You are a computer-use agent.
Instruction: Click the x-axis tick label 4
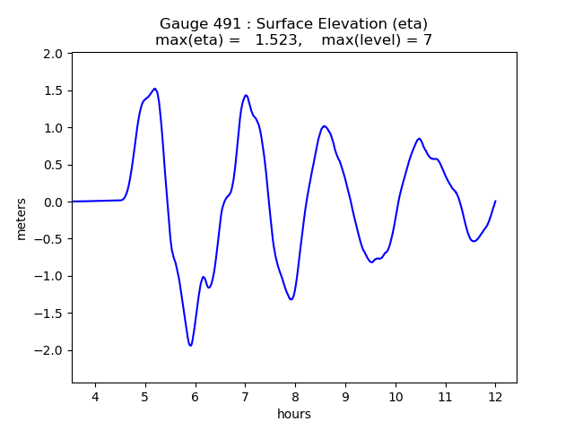click(95, 397)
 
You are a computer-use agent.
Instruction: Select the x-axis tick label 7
click(245, 397)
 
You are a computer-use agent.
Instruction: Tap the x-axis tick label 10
click(396, 397)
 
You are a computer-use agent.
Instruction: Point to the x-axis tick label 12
click(495, 397)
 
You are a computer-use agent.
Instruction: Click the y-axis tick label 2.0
click(53, 54)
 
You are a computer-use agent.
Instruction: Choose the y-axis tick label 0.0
click(53, 202)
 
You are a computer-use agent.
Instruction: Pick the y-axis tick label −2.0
click(48, 350)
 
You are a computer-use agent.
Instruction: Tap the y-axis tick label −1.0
click(48, 276)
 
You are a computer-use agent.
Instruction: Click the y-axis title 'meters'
click(21, 218)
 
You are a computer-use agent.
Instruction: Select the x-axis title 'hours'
click(294, 414)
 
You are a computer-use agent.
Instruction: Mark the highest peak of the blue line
click(155, 89)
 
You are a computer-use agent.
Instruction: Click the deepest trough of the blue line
click(190, 345)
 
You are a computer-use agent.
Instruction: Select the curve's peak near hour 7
click(246, 95)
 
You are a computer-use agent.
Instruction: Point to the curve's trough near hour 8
click(291, 299)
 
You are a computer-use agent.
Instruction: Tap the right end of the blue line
click(495, 202)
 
